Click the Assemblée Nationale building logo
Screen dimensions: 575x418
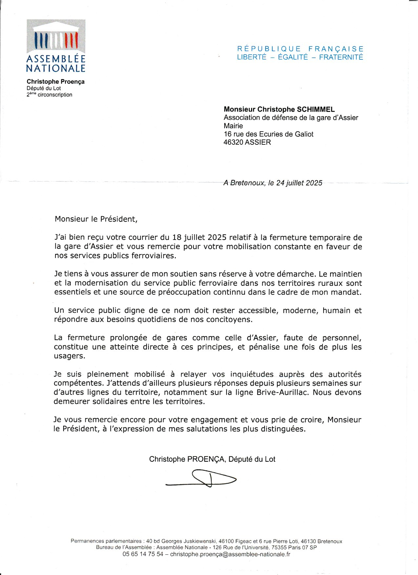pos(56,36)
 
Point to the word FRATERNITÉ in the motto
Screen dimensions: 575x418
pos(341,57)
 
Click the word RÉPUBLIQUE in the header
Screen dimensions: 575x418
pos(269,49)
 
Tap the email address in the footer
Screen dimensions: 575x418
pos(230,554)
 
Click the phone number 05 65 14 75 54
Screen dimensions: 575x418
pos(143,554)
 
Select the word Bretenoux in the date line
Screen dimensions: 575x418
pos(247,183)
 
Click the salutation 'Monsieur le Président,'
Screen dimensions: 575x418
pos(96,219)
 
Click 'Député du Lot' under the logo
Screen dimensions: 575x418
pos(44,88)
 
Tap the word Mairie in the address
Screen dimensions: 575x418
pos(233,126)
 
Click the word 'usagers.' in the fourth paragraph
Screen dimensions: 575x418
pos(70,356)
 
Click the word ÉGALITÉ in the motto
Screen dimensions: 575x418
pos(293,57)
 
